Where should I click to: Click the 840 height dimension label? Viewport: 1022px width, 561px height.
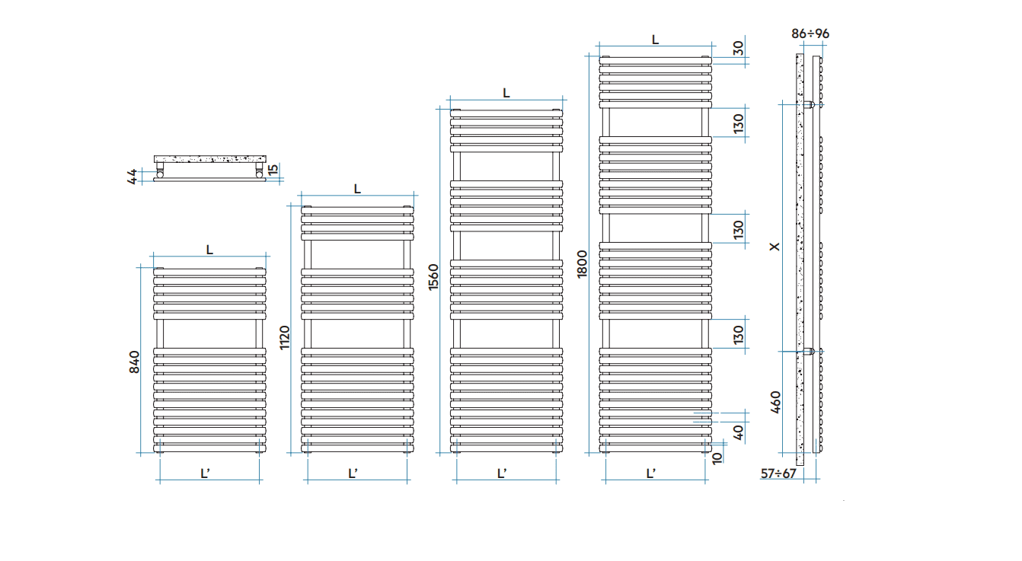point(134,362)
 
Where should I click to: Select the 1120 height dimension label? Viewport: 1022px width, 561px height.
point(284,337)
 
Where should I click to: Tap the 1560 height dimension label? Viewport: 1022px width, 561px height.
point(433,277)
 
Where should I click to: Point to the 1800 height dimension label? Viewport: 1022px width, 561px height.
point(582,263)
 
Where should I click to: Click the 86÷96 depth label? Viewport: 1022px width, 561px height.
point(810,33)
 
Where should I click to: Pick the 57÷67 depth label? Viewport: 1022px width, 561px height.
point(778,474)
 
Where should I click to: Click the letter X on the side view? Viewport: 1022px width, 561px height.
point(774,247)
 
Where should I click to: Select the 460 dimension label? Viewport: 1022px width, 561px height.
point(775,402)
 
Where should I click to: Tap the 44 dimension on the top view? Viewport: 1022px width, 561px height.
point(132,176)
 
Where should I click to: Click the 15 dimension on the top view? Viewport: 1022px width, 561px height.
point(273,170)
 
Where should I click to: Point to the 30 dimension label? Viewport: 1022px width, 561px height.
point(738,48)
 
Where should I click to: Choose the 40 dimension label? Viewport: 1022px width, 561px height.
point(738,432)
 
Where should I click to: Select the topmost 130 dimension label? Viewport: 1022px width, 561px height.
point(738,123)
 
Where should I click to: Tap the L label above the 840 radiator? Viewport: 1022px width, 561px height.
point(209,250)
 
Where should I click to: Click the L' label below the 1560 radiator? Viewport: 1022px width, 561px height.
point(502,474)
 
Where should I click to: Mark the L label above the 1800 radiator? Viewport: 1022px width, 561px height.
point(655,40)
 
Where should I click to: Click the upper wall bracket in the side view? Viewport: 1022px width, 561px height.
point(809,104)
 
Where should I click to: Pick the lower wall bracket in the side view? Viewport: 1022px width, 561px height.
point(809,351)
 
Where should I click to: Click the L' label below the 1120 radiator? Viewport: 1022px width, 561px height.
point(353,474)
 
